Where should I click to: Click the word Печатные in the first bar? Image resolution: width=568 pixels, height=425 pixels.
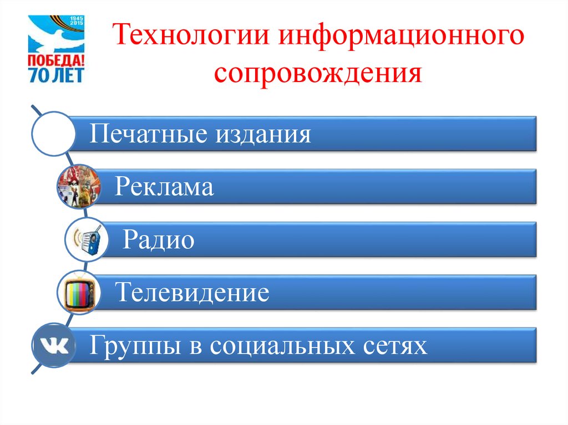[x=142, y=134]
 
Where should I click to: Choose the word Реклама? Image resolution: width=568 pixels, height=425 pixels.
[x=164, y=187]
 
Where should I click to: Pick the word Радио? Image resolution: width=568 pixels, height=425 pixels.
[x=159, y=240]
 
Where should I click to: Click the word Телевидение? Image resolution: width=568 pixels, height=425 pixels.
[x=192, y=292]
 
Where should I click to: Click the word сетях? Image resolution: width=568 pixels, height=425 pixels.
[x=398, y=345]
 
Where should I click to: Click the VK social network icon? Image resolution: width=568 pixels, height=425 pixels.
[x=53, y=346]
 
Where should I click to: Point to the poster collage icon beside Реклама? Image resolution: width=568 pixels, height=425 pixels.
[x=79, y=186]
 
